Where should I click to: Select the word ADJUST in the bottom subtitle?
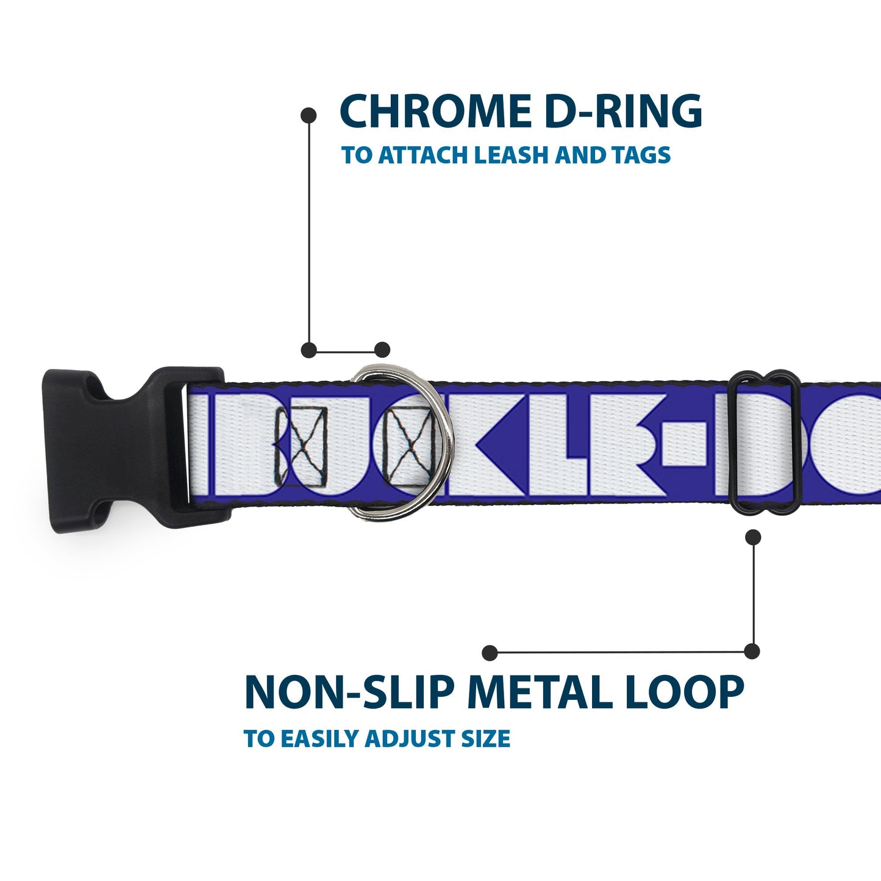tap(407, 738)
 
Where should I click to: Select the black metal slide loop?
tap(765, 442)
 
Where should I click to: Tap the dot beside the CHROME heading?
tap(309, 115)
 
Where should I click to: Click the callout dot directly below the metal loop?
tap(754, 537)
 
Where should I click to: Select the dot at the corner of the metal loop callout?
tap(753, 651)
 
